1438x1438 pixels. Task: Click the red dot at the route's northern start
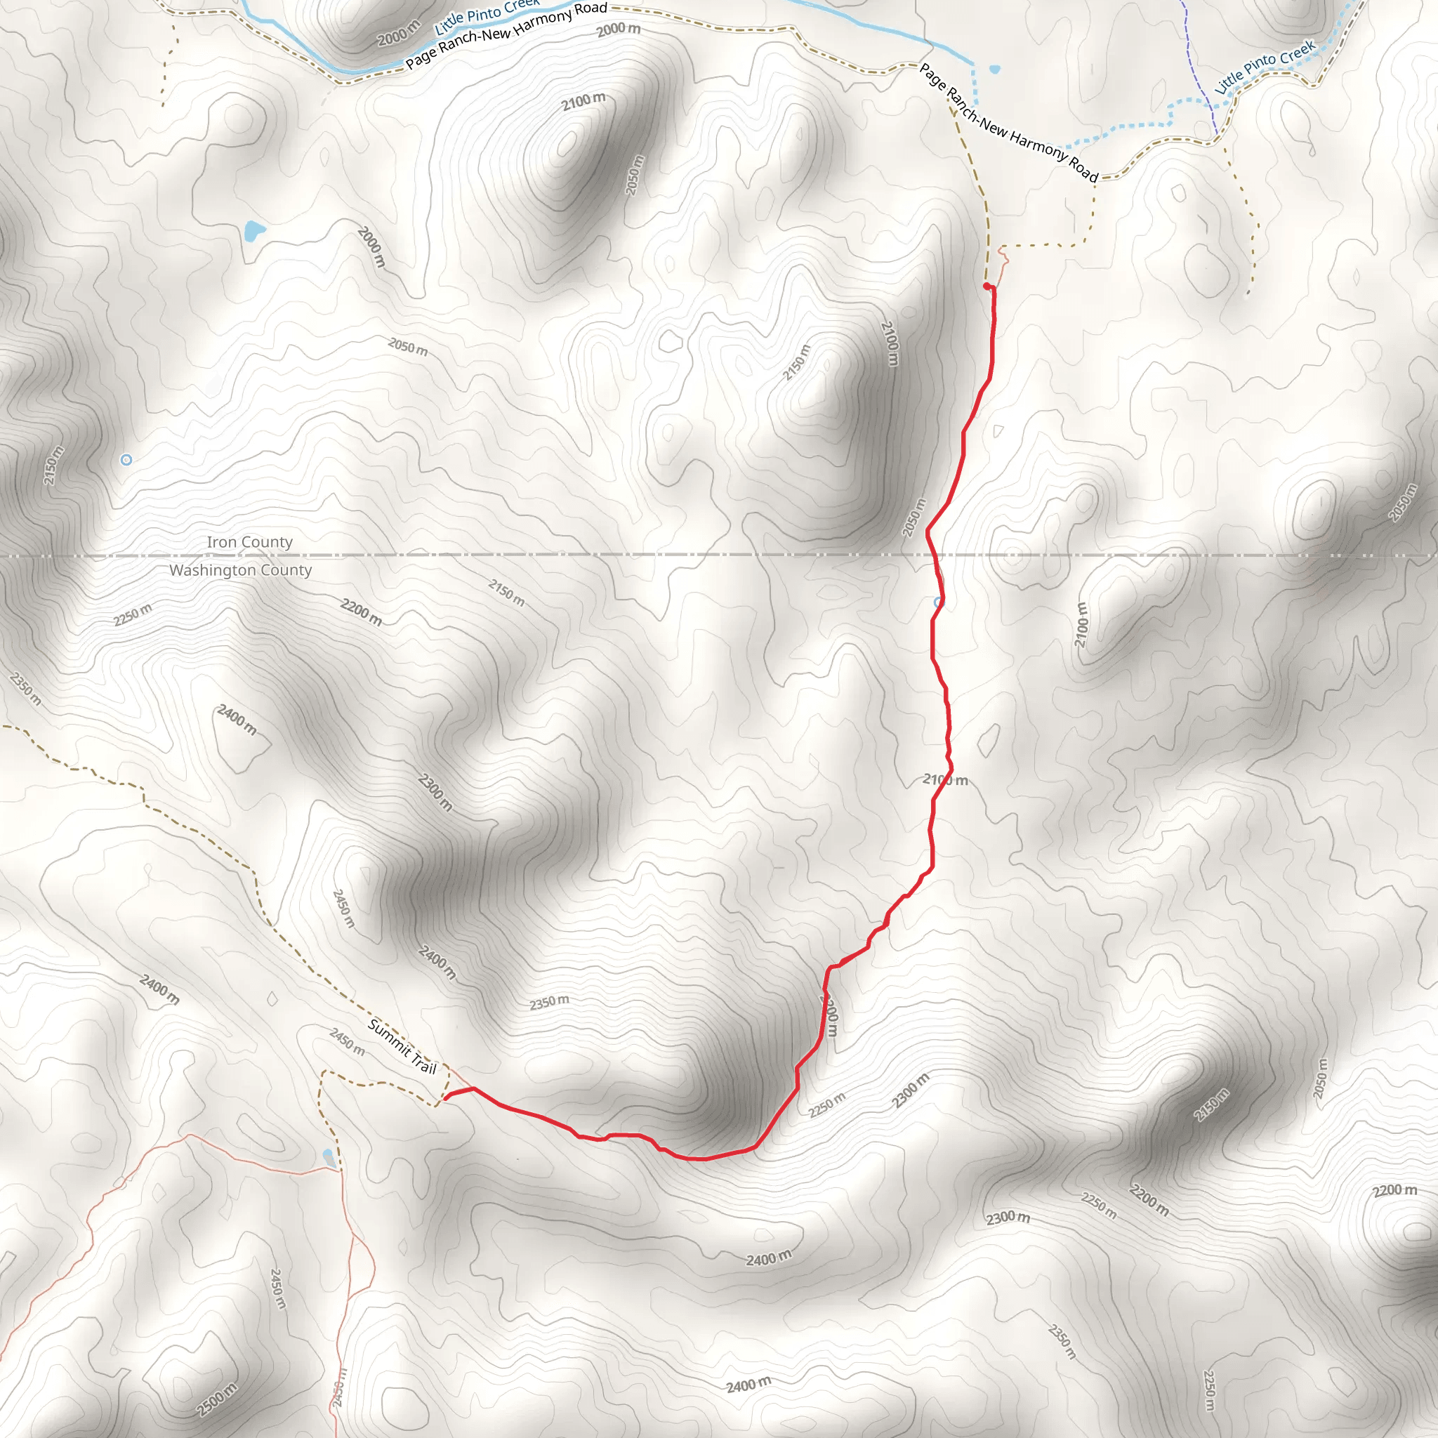pyautogui.click(x=987, y=286)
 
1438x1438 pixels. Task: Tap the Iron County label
pyautogui.click(x=249, y=542)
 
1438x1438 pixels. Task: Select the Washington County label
pyautogui.click(x=240, y=570)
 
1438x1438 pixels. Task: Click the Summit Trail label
pyautogui.click(x=402, y=1046)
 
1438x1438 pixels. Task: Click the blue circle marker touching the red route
pyautogui.click(x=938, y=602)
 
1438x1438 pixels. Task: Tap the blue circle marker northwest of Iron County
pyautogui.click(x=126, y=460)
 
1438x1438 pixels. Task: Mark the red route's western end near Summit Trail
pyautogui.click(x=446, y=1097)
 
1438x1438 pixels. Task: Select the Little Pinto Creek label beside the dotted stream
pyautogui.click(x=1265, y=66)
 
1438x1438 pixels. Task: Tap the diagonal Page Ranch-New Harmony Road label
pyautogui.click(x=1008, y=124)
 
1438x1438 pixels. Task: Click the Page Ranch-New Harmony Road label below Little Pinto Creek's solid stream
pyautogui.click(x=506, y=35)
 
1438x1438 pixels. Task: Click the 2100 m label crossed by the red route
pyautogui.click(x=945, y=780)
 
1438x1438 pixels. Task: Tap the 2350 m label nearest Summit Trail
pyautogui.click(x=549, y=1003)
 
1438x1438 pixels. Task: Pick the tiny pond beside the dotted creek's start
pyautogui.click(x=995, y=70)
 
